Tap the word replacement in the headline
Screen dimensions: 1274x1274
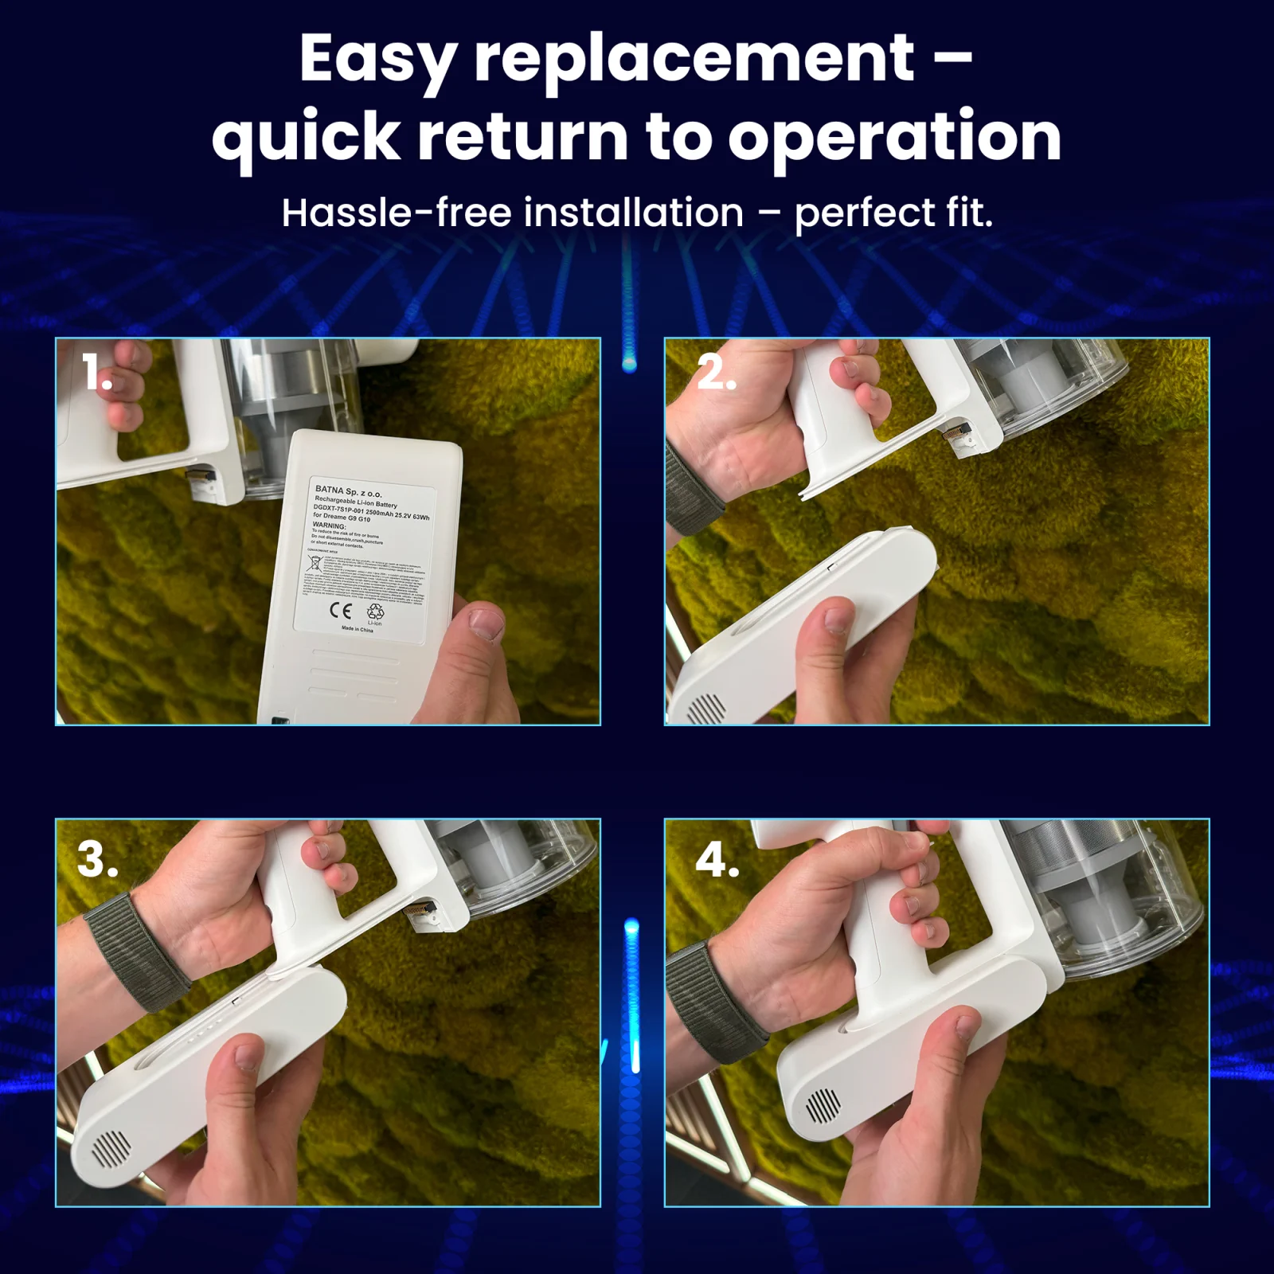point(694,61)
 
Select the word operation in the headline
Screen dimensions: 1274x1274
point(894,137)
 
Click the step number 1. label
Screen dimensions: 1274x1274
point(97,373)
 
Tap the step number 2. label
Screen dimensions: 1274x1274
point(716,373)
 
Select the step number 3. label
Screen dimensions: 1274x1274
point(98,860)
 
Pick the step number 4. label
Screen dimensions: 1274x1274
point(717,860)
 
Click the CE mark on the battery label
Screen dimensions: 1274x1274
point(340,611)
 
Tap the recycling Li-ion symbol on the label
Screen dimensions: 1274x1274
point(375,612)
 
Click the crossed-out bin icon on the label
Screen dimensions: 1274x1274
point(315,564)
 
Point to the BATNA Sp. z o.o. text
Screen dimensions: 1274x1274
point(349,491)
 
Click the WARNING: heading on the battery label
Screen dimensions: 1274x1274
point(329,526)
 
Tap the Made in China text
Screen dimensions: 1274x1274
point(357,629)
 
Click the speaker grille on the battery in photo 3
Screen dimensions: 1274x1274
point(111,1147)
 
